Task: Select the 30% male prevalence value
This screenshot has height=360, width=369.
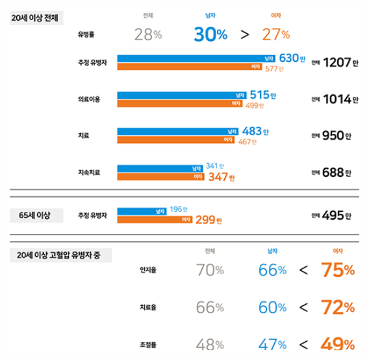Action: (x=210, y=35)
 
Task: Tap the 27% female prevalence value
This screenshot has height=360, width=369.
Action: (x=276, y=35)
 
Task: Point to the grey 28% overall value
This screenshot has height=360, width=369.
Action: (x=148, y=35)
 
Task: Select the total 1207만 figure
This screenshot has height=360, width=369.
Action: (x=335, y=63)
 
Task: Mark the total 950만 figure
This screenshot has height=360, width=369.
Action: (x=335, y=136)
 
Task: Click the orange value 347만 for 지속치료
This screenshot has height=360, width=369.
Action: (x=221, y=177)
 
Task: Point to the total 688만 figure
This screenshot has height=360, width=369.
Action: (x=335, y=173)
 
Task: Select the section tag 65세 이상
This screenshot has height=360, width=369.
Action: (x=34, y=214)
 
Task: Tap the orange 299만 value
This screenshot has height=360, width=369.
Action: (x=209, y=220)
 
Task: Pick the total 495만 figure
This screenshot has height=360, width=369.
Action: (x=335, y=216)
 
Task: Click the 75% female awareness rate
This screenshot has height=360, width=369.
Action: (x=337, y=270)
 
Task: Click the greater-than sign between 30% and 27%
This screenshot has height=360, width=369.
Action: (x=244, y=35)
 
